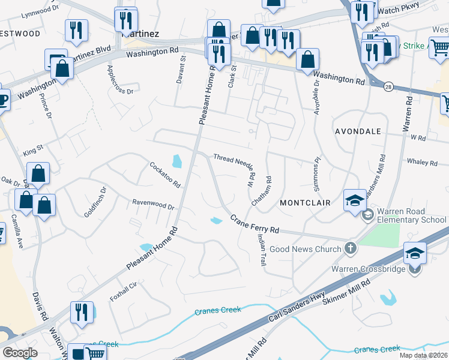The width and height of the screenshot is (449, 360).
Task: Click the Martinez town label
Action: [x=140, y=34]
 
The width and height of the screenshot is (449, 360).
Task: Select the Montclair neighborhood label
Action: [x=303, y=203]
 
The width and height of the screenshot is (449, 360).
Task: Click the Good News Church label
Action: [x=305, y=248]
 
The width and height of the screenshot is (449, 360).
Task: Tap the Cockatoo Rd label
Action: [x=165, y=175]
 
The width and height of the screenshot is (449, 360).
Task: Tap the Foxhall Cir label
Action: [x=124, y=292]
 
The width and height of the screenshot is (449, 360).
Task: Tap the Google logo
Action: [x=20, y=352]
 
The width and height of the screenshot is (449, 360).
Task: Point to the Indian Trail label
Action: [x=262, y=250]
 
